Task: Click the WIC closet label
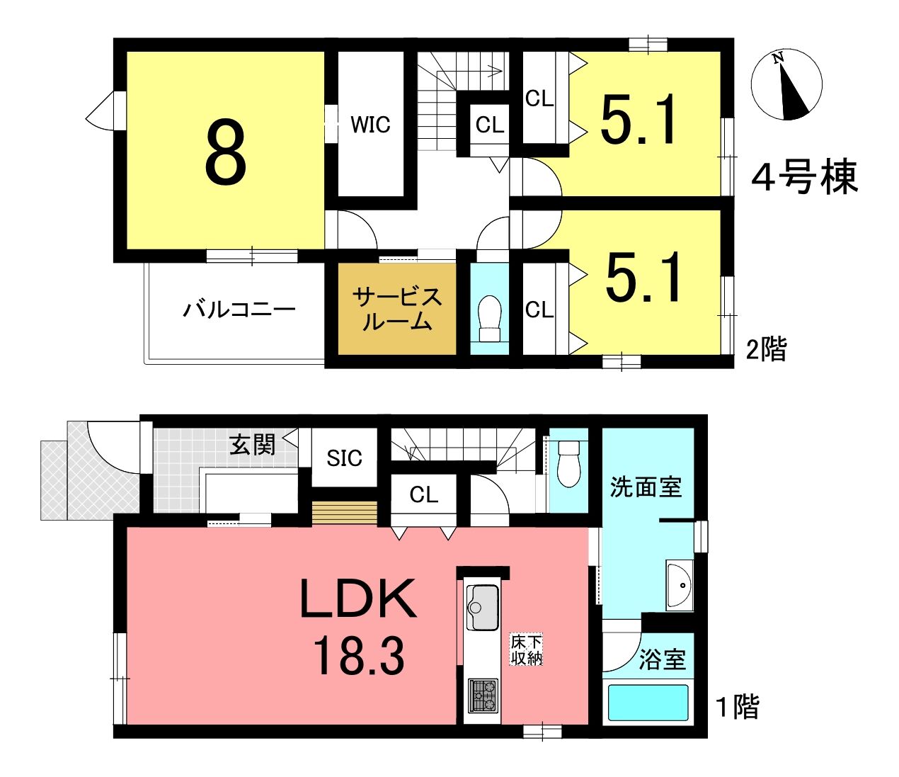pos(370,125)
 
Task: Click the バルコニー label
pos(239,310)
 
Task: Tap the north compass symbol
pos(786,84)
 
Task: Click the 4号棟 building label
pos(805,177)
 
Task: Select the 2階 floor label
pos(767,349)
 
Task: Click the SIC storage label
pos(345,458)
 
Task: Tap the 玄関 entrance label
pos(253,445)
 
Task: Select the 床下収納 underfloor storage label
pos(527,650)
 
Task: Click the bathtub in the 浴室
pos(648,703)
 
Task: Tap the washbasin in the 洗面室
pos(679,586)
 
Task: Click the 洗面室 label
pos(646,487)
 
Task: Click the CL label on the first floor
pos(423,495)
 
